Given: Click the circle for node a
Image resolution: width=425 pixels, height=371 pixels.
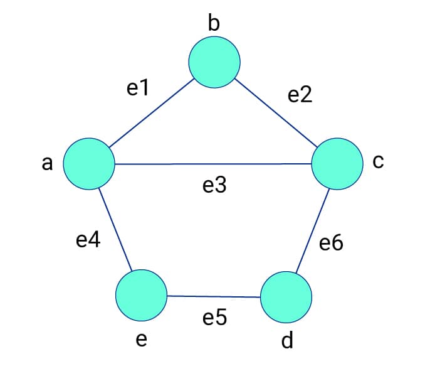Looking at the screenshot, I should [x=88, y=164].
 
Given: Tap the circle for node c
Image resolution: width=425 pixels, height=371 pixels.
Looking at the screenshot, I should [x=337, y=164].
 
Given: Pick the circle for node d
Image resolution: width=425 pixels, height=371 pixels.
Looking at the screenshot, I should [x=286, y=297].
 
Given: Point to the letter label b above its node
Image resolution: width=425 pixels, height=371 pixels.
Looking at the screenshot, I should [x=214, y=23].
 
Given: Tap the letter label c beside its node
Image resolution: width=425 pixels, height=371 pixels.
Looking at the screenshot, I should [x=377, y=162].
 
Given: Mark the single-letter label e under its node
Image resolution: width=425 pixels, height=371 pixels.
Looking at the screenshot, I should [x=141, y=340].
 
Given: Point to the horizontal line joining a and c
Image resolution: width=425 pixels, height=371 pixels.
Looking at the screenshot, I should [x=213, y=164].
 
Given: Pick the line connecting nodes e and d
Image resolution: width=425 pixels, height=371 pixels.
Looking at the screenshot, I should [x=214, y=296].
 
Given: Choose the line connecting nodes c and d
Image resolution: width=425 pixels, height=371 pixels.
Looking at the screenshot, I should [x=312, y=230].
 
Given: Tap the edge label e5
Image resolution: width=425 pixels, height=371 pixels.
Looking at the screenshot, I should [x=214, y=318].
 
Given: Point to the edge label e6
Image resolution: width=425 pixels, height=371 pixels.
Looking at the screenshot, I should [x=331, y=243].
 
